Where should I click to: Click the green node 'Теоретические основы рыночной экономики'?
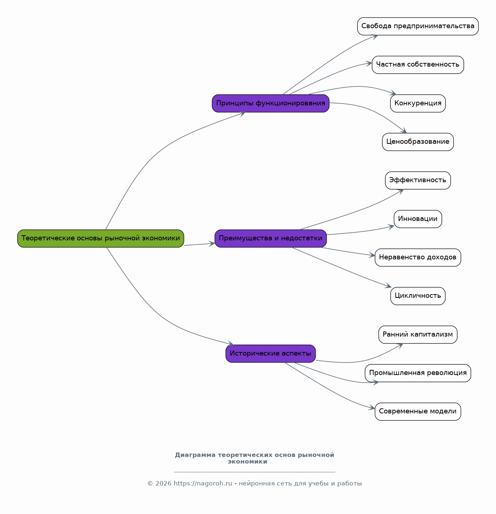[x=101, y=239]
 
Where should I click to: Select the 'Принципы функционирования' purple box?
[x=271, y=103]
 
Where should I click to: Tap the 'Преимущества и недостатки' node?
[x=271, y=239]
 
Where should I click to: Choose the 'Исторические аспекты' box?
[x=271, y=354]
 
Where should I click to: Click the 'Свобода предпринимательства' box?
[x=418, y=26]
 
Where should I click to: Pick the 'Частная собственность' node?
[x=418, y=65]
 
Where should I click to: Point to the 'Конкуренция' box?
[x=418, y=103]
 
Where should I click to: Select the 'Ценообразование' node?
[x=418, y=142]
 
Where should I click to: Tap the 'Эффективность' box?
[x=418, y=180]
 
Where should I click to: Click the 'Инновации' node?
[x=418, y=219]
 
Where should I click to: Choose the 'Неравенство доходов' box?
[x=418, y=258]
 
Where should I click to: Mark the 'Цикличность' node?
[x=418, y=296]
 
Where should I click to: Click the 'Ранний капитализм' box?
[x=418, y=335]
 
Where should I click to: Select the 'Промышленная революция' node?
[x=418, y=373]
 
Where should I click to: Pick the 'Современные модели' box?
[x=418, y=412]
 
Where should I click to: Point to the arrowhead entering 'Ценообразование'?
[x=404, y=131]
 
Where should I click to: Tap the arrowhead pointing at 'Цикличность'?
[x=388, y=286]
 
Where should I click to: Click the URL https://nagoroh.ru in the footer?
[x=203, y=484]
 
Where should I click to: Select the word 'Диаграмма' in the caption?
[x=195, y=455]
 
